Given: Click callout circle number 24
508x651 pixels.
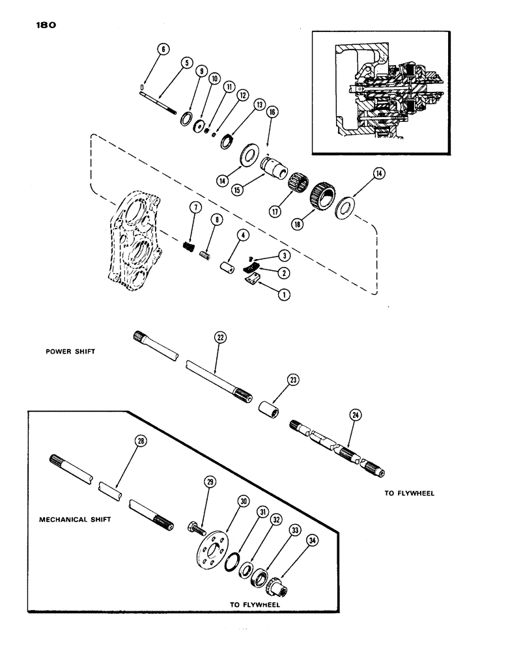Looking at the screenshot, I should pyautogui.click(x=356, y=415).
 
